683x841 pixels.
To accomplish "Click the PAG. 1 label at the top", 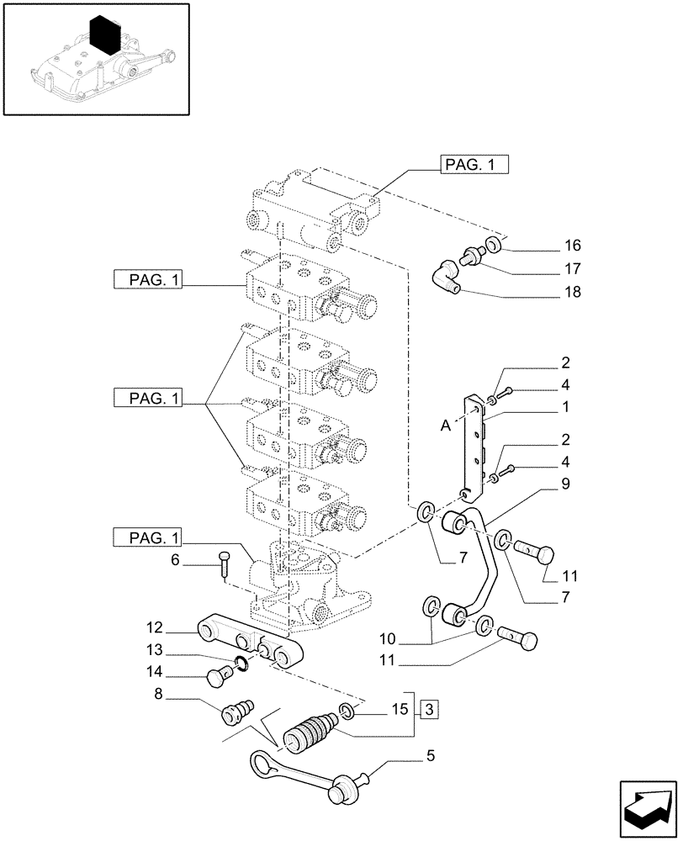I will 474,166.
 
